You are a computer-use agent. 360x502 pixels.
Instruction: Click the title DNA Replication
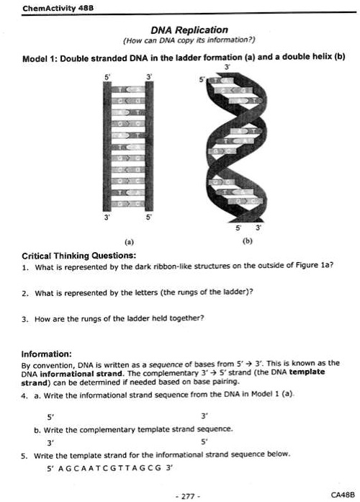pyautogui.click(x=189, y=30)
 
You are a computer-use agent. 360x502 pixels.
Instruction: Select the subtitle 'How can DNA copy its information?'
pyautogui.click(x=189, y=40)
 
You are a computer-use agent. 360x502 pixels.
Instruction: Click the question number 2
pyautogui.click(x=24, y=293)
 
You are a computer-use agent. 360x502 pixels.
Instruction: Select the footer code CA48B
pyautogui.click(x=339, y=495)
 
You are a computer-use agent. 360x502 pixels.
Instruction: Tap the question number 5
pyautogui.click(x=24, y=454)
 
